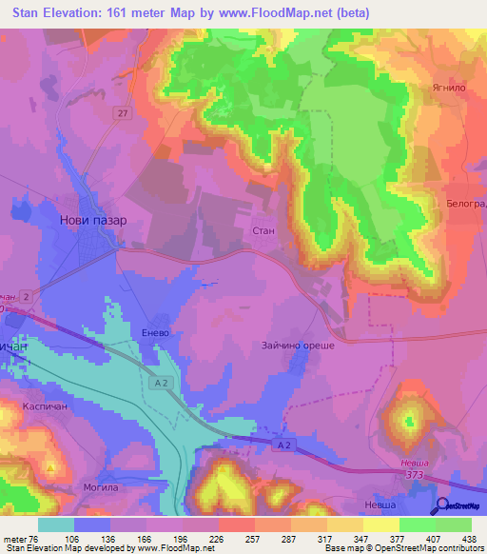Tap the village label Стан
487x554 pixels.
[263, 230]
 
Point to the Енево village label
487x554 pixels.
[154, 333]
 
